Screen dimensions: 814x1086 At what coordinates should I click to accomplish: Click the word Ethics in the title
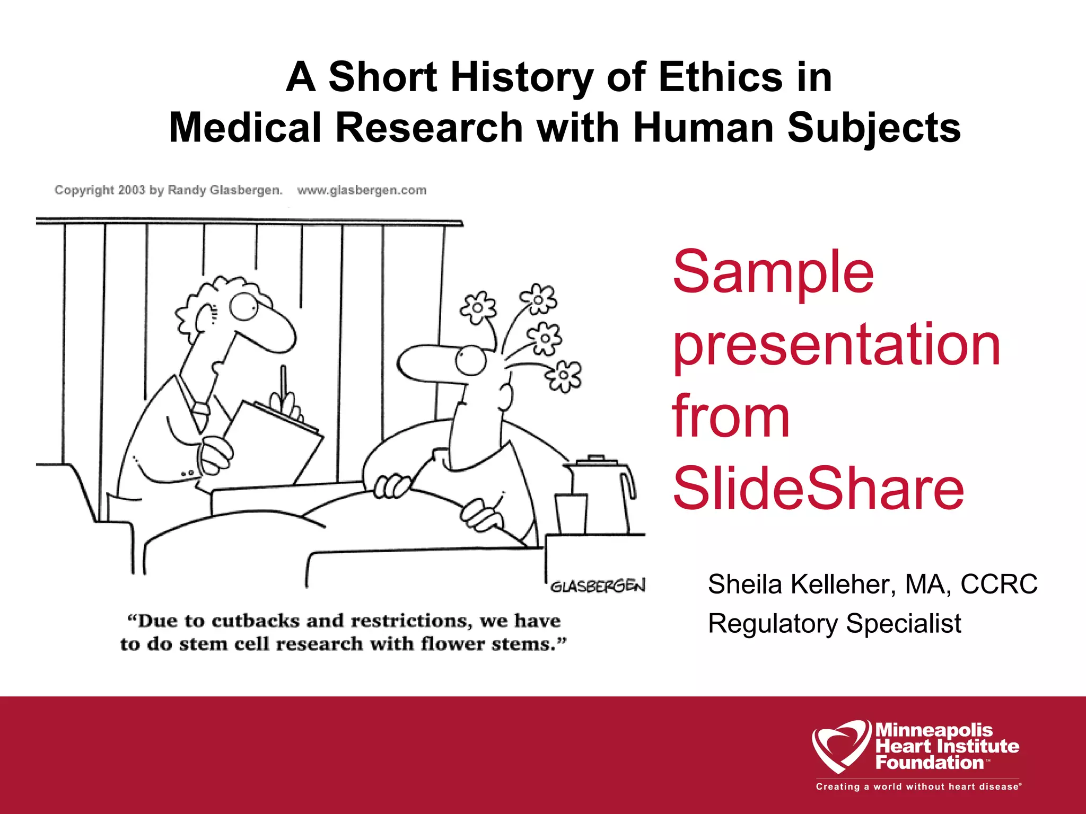click(x=719, y=77)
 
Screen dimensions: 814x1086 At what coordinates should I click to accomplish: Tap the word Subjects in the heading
click(x=874, y=128)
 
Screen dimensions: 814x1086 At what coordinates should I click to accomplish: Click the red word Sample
click(x=773, y=272)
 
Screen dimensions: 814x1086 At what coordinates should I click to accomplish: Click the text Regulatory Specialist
click(x=834, y=623)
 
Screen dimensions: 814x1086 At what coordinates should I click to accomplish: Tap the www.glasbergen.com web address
click(x=362, y=190)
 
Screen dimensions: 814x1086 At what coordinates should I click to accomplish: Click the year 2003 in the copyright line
click(x=132, y=190)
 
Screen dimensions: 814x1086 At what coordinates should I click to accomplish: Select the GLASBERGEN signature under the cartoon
click(x=598, y=586)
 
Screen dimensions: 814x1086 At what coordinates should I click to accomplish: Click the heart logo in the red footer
click(x=840, y=745)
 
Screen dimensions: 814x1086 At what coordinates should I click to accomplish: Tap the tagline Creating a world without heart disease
click(x=918, y=786)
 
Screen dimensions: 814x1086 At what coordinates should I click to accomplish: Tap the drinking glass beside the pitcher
click(x=571, y=514)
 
